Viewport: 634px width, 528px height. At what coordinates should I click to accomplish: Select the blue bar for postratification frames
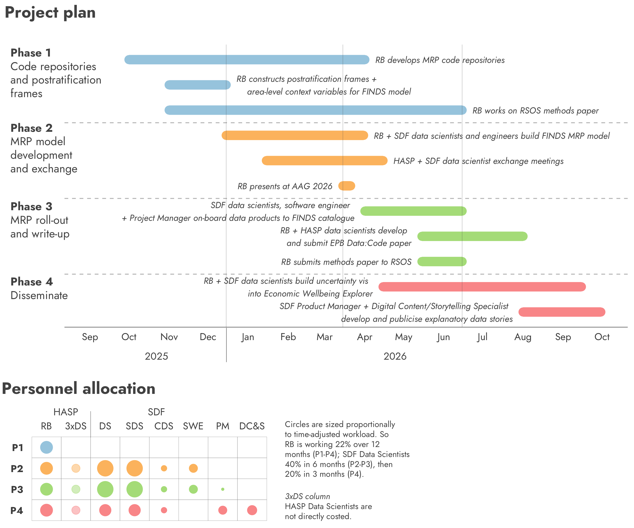pos(198,85)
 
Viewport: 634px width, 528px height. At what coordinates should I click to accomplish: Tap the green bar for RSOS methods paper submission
pos(442,261)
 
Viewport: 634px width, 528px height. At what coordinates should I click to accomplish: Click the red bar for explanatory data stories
pos(562,312)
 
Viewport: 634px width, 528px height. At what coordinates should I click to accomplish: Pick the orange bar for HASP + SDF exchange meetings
pos(324,161)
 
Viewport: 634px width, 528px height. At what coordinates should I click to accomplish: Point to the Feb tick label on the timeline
pos(288,337)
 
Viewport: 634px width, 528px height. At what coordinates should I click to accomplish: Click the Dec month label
pos(208,337)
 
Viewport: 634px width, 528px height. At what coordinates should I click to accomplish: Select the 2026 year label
pos(395,356)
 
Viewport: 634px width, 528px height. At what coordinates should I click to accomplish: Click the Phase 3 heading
pos(31,206)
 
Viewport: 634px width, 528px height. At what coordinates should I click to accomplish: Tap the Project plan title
pos(50,13)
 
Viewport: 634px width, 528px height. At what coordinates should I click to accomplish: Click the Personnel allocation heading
pos(78,389)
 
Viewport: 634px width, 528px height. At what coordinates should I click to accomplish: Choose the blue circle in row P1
pos(47,447)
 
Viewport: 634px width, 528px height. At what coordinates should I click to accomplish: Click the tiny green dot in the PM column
pos(223,489)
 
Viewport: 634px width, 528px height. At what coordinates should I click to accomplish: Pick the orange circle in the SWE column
pos(193,468)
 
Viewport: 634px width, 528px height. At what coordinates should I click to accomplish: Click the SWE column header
pos(193,426)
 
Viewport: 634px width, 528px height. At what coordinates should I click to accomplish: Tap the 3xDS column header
pos(76,426)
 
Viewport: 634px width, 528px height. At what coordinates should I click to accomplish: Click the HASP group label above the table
pos(66,412)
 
